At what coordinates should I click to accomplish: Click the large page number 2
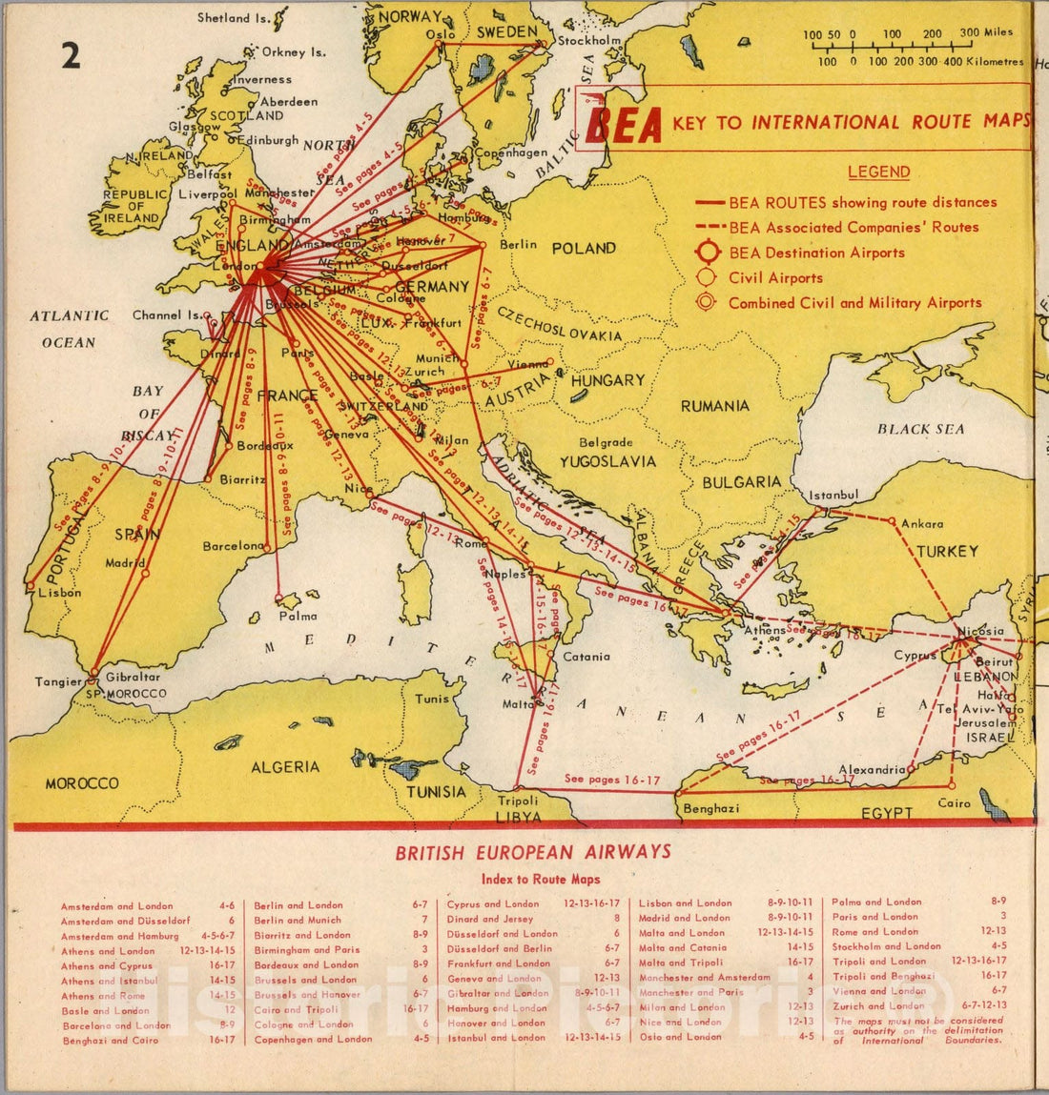point(71,56)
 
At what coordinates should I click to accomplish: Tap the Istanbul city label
point(833,496)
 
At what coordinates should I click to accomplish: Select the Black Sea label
point(920,429)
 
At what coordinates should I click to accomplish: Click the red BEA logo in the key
point(624,123)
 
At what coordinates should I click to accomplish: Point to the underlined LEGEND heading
point(878,172)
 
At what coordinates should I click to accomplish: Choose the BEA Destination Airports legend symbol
point(707,253)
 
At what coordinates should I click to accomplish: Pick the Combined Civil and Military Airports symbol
point(707,303)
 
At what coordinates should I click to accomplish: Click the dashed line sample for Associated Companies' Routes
point(710,228)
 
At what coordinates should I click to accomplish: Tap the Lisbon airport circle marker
point(31,584)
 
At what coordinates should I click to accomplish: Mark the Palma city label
point(298,616)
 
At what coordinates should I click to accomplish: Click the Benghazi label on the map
point(710,809)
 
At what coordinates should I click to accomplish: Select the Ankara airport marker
point(893,521)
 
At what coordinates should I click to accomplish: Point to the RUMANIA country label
point(714,406)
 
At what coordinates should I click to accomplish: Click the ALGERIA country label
point(285,767)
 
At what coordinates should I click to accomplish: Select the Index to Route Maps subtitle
point(541,879)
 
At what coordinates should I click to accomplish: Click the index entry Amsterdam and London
point(117,906)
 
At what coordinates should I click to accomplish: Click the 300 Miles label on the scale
point(986,33)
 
